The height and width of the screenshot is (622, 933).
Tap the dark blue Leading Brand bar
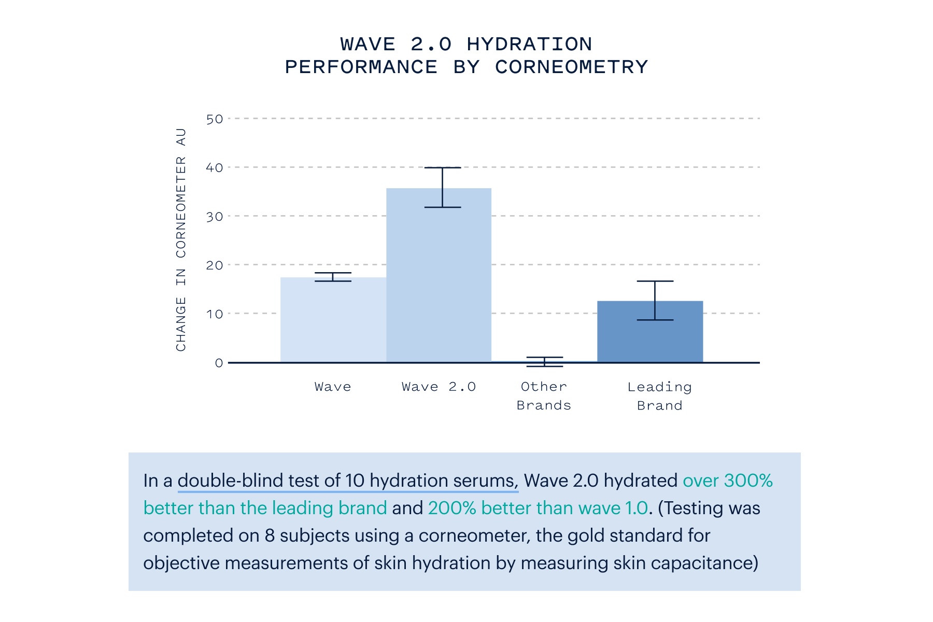[x=650, y=332]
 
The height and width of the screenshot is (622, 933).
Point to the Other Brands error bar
[x=545, y=362]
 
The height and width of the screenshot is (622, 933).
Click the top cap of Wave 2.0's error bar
[x=443, y=168]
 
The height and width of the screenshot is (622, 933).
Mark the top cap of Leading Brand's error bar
[x=655, y=281]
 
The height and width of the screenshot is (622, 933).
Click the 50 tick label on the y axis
[x=215, y=119]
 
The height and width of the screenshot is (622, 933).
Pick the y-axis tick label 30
[x=215, y=217]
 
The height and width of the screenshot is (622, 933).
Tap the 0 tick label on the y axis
[x=219, y=363]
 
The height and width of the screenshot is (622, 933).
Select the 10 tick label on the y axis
[x=215, y=314]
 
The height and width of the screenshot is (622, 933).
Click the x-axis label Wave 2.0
[x=439, y=387]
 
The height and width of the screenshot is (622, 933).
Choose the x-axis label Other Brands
[x=544, y=396]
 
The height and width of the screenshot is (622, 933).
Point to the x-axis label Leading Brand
[x=659, y=396]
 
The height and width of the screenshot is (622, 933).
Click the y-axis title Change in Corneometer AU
[x=181, y=239]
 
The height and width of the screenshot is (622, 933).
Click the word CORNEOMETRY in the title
[x=571, y=67]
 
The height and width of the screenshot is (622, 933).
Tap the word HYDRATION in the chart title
[x=529, y=45]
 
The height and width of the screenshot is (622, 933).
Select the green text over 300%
[x=727, y=480]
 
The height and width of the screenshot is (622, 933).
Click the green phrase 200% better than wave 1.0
[x=538, y=508]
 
